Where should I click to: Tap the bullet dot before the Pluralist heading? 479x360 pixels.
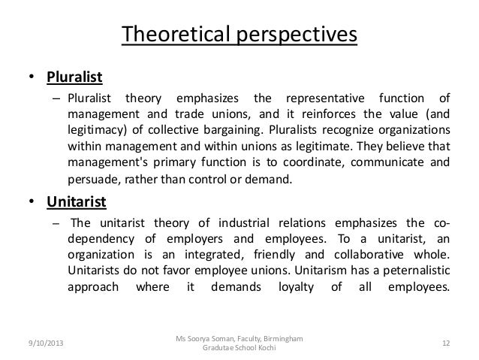click(x=32, y=77)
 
